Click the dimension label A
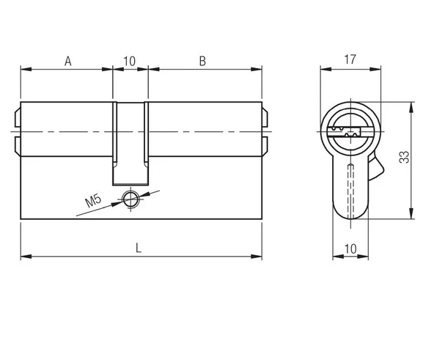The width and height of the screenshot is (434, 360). coord(67,61)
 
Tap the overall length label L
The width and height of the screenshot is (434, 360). coord(139,248)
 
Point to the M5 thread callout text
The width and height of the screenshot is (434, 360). coord(94,200)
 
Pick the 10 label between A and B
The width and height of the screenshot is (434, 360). coord(130,61)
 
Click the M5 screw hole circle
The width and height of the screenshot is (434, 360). coord(130,197)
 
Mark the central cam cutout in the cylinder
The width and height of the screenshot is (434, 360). coord(130,143)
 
